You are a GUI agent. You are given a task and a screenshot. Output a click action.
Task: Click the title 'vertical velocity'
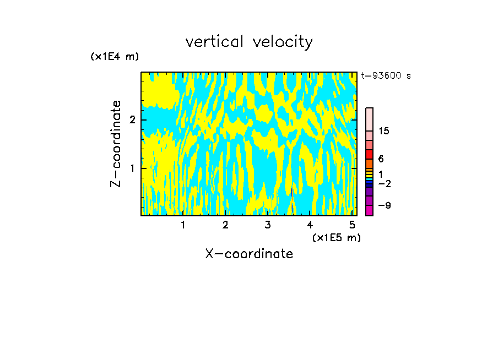click(249, 42)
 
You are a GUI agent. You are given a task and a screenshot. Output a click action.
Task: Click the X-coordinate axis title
click(249, 254)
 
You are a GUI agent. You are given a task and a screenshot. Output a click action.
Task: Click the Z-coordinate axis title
click(116, 144)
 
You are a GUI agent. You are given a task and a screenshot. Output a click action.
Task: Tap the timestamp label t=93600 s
click(386, 76)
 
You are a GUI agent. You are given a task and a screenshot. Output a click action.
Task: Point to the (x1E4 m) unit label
click(115, 57)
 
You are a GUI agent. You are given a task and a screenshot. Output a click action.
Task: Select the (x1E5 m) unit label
click(336, 237)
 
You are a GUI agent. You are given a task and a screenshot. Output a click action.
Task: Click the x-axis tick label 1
click(183, 225)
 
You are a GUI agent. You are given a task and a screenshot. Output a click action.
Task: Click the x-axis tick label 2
click(225, 225)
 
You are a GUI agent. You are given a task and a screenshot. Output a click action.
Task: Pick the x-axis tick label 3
click(267, 225)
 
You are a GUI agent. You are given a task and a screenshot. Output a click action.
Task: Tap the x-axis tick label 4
click(310, 225)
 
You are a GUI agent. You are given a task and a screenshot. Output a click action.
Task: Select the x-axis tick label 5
click(351, 225)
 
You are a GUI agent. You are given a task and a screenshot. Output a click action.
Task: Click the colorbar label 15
click(384, 131)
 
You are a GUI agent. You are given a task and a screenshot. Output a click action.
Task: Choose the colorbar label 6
click(381, 159)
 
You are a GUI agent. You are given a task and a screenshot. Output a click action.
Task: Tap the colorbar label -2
click(384, 183)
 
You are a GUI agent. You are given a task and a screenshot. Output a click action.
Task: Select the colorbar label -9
click(384, 205)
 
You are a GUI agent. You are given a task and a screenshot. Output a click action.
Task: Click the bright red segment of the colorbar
click(369, 154)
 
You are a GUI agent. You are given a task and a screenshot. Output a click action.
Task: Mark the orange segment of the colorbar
click(369, 163)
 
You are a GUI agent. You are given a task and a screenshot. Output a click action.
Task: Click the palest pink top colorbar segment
click(369, 119)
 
